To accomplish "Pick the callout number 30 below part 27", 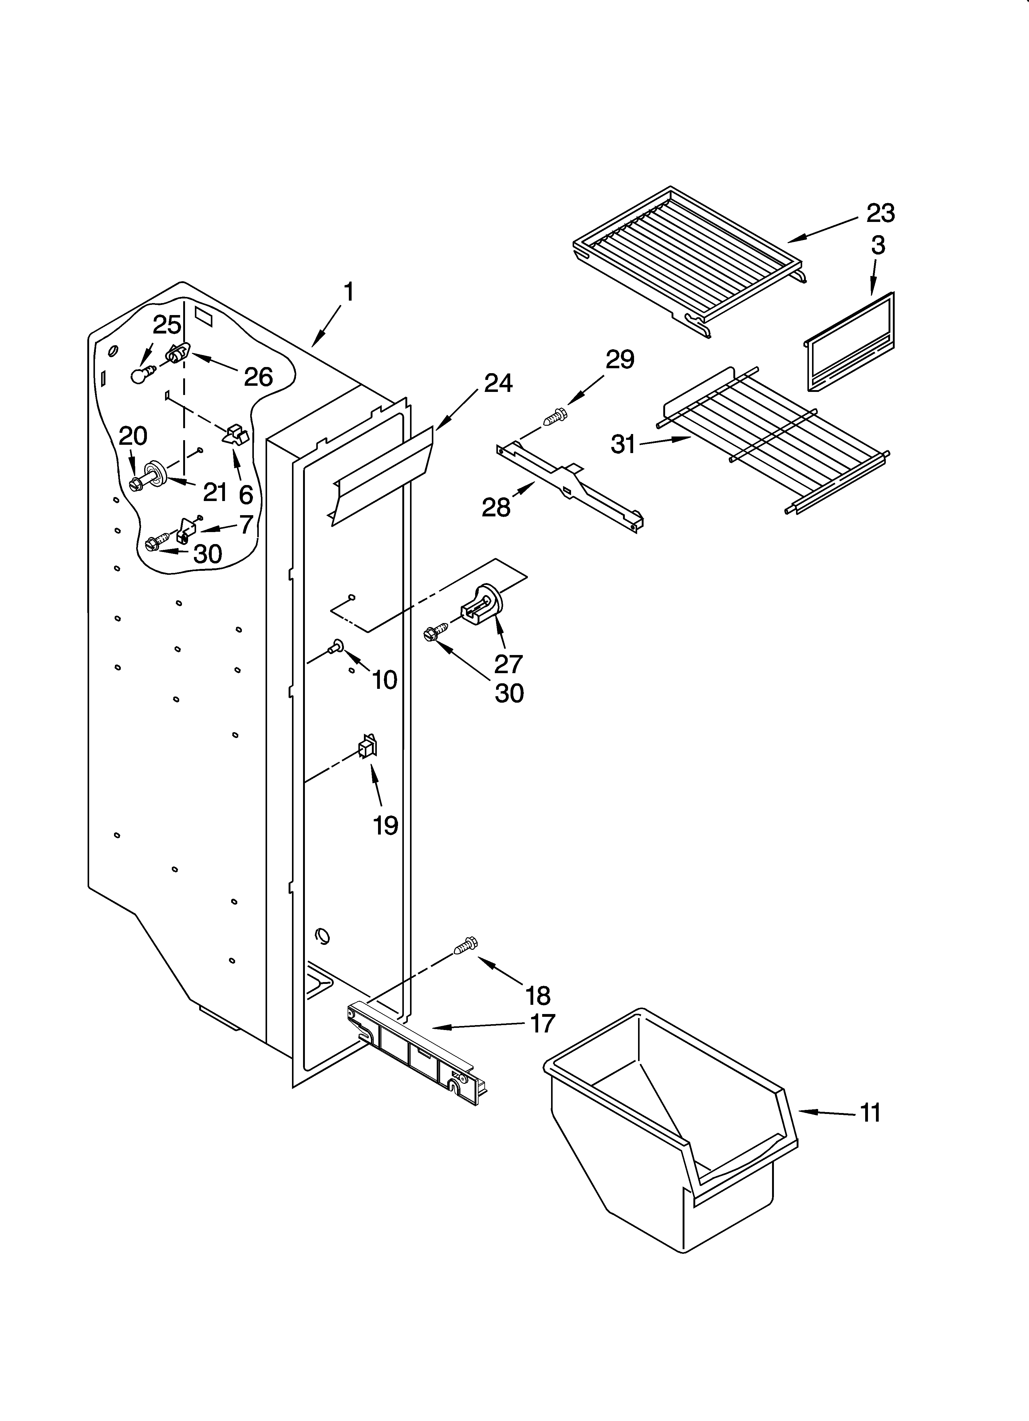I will coord(509,693).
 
